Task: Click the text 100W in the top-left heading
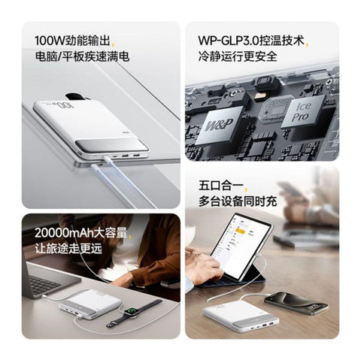[50, 41]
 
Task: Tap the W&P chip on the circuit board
[220, 125]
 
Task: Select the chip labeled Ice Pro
[302, 111]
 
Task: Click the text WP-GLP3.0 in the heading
[229, 41]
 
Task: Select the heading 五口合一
[220, 186]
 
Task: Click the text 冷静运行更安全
[238, 56]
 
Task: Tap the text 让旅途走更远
[68, 249]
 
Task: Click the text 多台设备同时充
[238, 201]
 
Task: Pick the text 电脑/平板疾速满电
[82, 56]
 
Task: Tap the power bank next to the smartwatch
[90, 304]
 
